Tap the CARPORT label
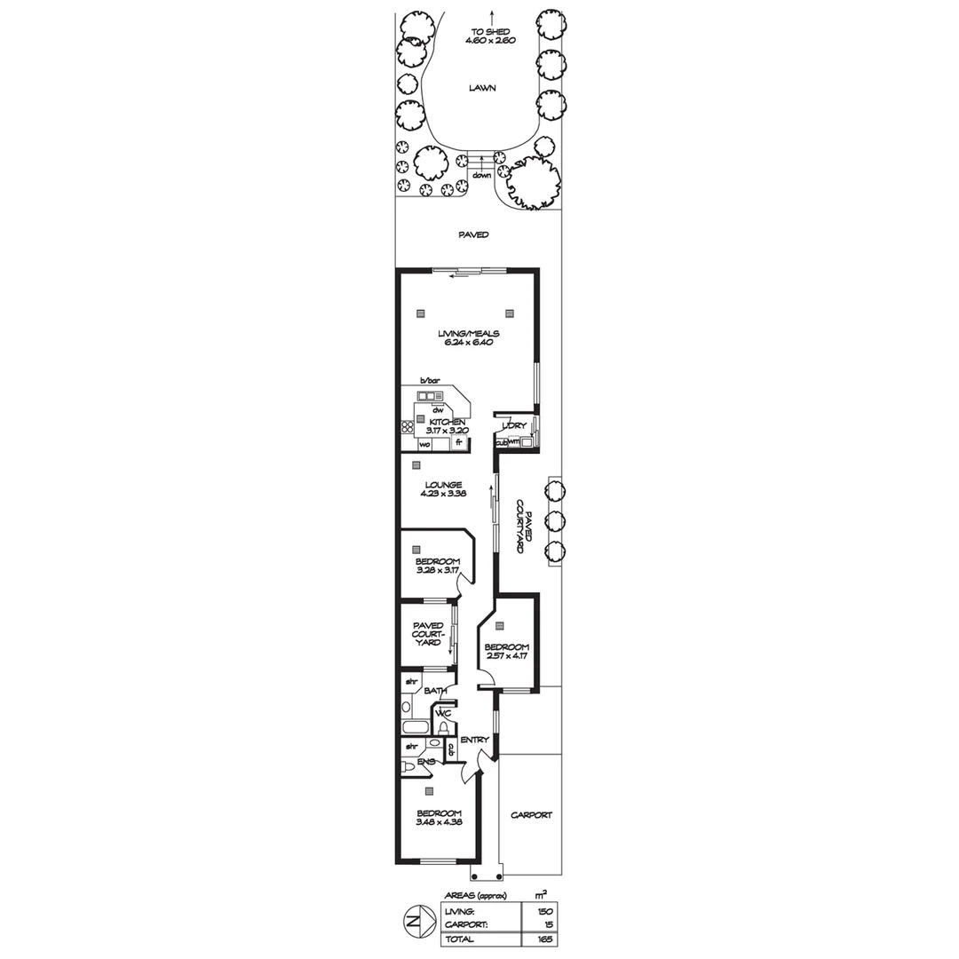click(x=532, y=814)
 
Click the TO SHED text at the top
click(x=490, y=31)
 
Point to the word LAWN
click(x=483, y=88)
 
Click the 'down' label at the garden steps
click(x=482, y=175)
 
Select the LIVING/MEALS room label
click(x=469, y=334)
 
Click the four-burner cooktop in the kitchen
click(x=408, y=426)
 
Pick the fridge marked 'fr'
click(x=459, y=442)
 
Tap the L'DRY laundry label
click(x=514, y=426)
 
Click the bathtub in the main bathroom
click(x=414, y=727)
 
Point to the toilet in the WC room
click(x=443, y=728)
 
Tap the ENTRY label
click(x=474, y=739)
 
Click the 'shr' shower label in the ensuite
click(x=411, y=747)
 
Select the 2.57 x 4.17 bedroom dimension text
click(x=506, y=658)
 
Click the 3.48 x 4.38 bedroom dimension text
click(x=439, y=822)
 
